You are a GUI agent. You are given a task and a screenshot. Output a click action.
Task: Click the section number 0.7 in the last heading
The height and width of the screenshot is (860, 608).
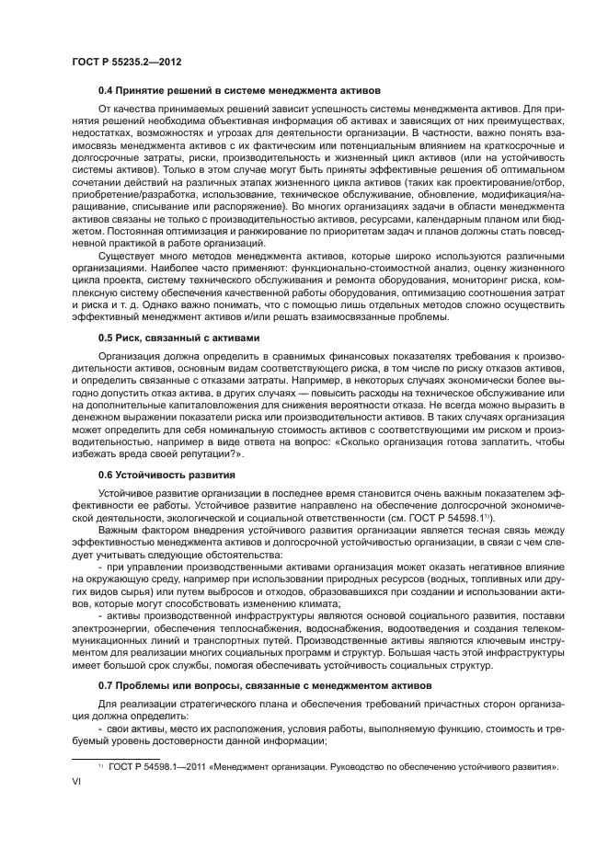click(x=106, y=686)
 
